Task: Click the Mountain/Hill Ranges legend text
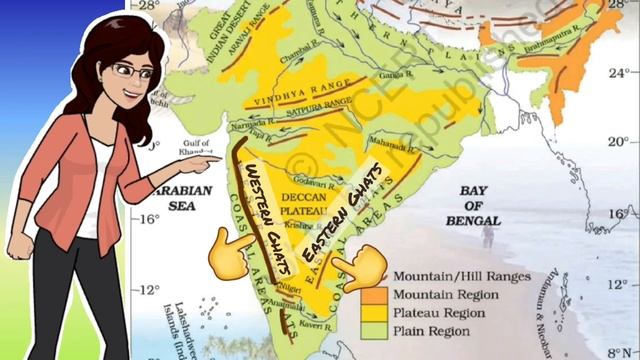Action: click(461, 276)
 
